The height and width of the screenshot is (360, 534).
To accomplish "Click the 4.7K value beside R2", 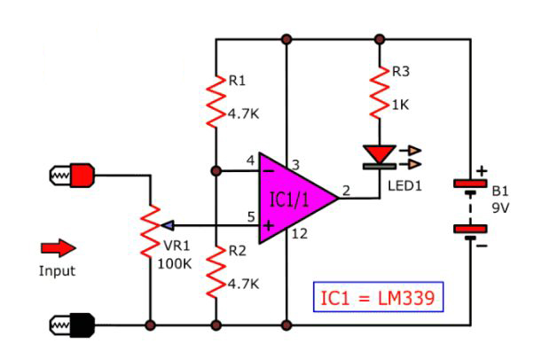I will (243, 284).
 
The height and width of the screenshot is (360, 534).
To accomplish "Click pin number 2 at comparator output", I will (345, 188).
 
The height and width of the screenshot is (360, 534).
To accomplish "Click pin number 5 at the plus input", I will (251, 215).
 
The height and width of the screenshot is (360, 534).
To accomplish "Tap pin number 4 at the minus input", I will (251, 159).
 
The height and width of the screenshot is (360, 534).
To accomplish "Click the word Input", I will (57, 270).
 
